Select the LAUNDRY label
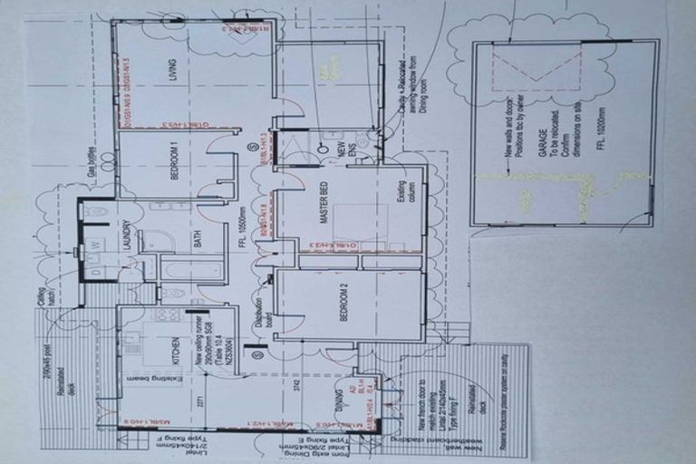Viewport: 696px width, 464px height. [127, 237]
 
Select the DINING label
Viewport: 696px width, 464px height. [332, 395]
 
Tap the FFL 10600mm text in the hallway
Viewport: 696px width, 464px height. [243, 244]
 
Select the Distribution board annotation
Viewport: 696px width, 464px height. [260, 315]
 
